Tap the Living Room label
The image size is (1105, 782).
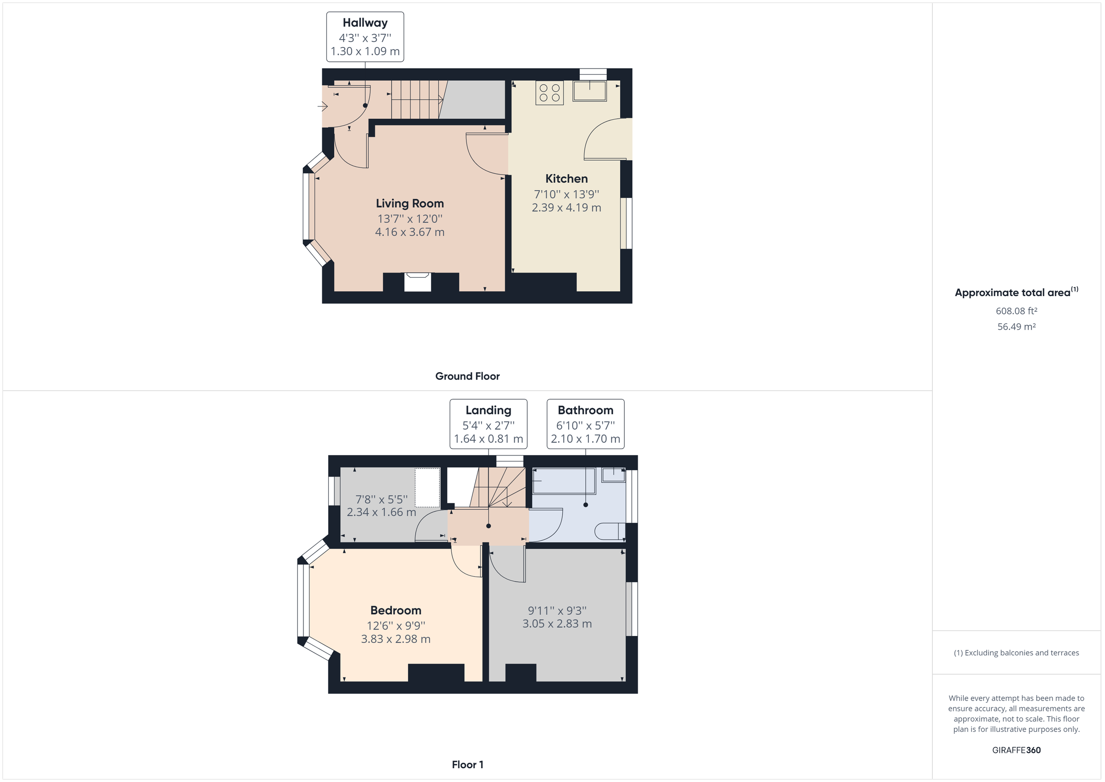click(410, 204)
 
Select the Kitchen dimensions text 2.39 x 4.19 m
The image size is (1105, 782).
click(566, 208)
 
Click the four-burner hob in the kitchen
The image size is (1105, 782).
click(549, 93)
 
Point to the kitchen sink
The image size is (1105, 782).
click(589, 91)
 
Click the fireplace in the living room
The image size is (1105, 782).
click(417, 281)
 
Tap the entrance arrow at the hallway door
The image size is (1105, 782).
click(322, 106)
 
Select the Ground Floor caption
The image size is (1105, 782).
click(467, 376)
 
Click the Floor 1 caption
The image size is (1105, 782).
click(467, 764)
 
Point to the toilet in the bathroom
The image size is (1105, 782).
click(609, 531)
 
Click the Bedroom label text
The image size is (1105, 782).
click(395, 611)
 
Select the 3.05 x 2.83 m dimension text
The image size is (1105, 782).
click(557, 624)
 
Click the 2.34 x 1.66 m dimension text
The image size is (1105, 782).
click(381, 512)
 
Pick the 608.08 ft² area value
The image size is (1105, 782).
click(1016, 311)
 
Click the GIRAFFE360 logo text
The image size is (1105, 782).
click(1016, 750)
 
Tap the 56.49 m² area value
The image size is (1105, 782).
click(1016, 327)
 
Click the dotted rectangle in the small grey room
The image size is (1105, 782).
click(427, 487)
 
